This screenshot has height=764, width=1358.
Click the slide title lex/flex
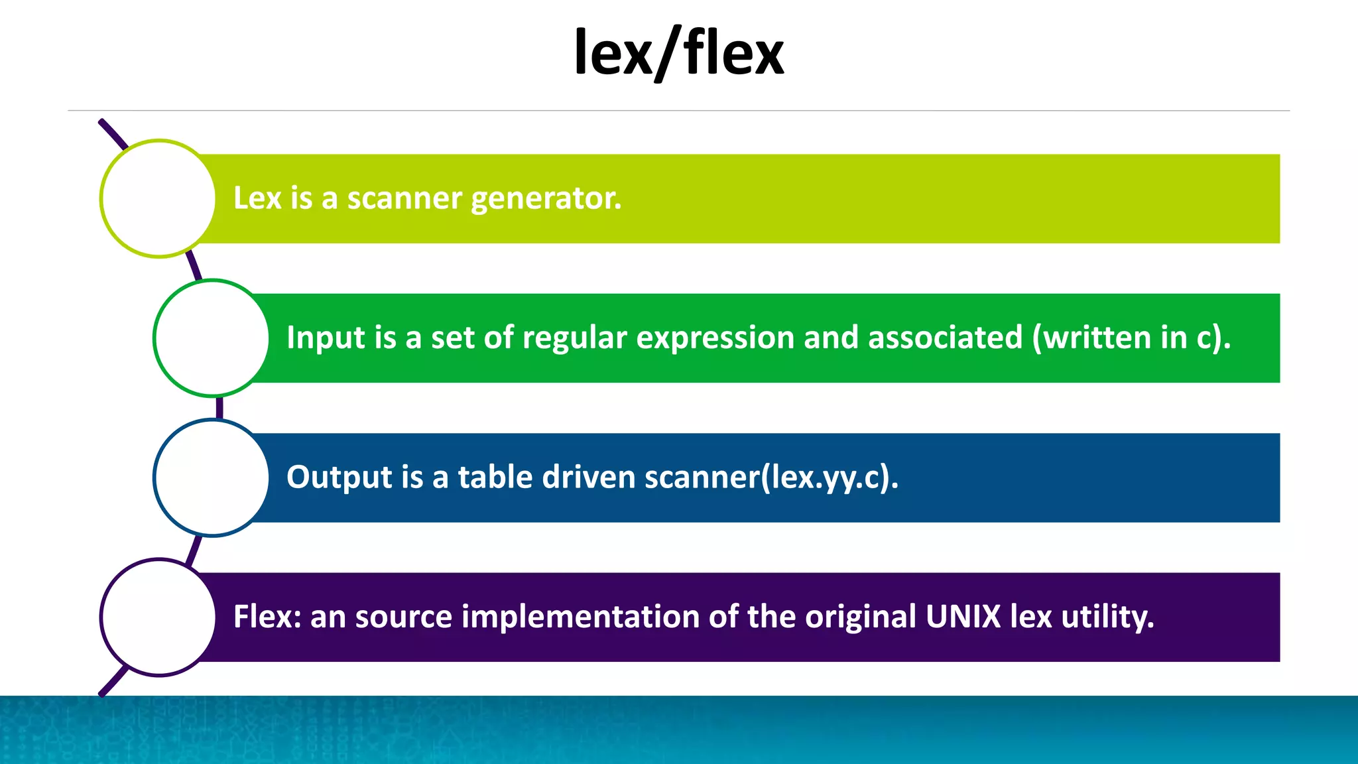point(678,53)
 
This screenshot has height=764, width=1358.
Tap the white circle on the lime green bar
point(158,198)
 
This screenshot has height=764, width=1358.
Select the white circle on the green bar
point(212,338)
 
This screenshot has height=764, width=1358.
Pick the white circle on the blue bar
point(212,477)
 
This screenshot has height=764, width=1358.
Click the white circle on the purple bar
point(158,617)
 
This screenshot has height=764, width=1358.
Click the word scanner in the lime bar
point(404,198)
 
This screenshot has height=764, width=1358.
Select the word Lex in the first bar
point(257,198)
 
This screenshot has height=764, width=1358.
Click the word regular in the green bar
point(574,338)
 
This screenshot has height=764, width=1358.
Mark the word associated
point(946,338)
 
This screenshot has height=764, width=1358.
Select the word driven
point(589,477)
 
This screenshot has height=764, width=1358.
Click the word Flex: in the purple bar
point(267,617)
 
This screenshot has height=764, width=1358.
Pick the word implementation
point(580,617)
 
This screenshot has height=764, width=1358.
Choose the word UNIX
point(963,617)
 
